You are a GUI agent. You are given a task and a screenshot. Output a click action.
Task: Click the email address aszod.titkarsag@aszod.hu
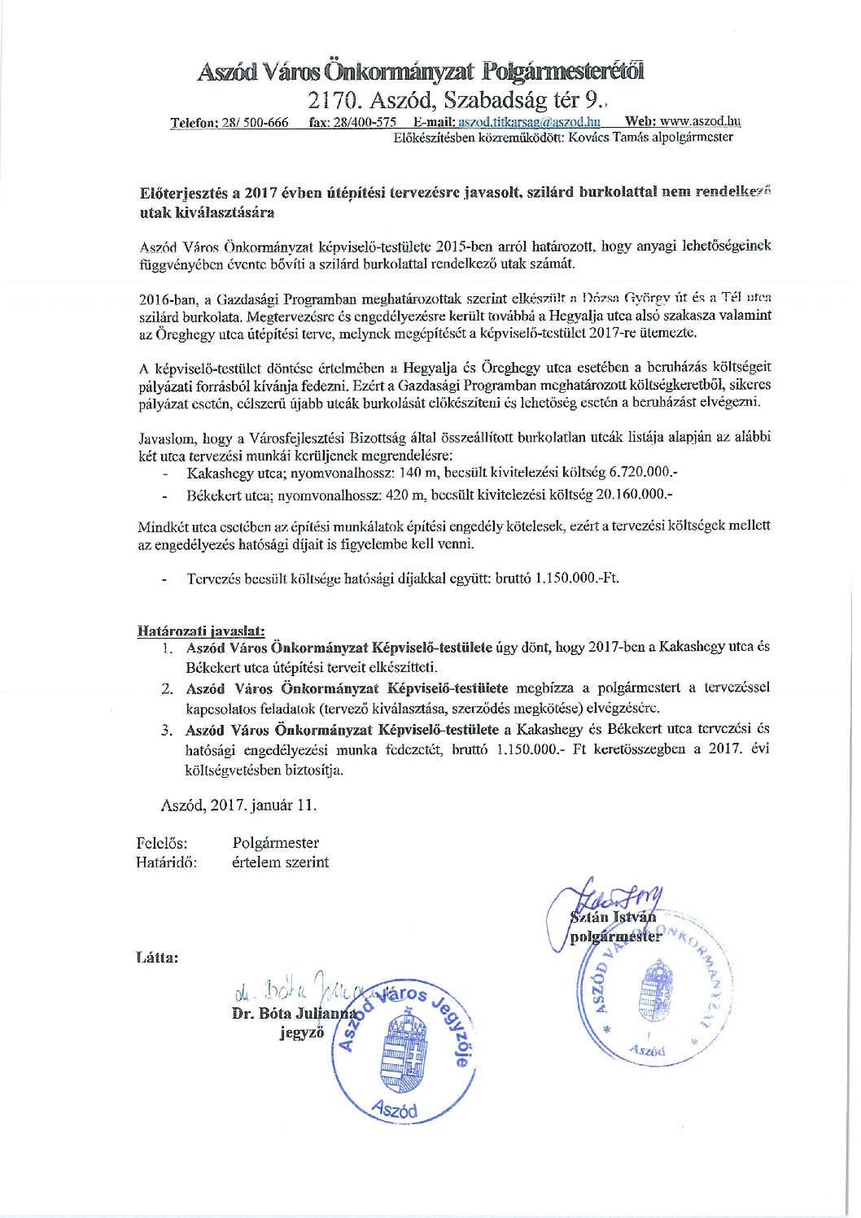[x=529, y=122]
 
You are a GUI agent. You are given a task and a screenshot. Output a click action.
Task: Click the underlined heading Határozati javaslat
[x=200, y=631]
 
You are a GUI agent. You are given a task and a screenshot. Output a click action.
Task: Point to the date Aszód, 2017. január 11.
[x=238, y=805]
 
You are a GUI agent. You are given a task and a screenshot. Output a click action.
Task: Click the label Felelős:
[x=162, y=843]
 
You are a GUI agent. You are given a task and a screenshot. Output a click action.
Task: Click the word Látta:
[x=158, y=957]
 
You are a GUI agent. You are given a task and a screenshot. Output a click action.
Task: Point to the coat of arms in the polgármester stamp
[x=658, y=988]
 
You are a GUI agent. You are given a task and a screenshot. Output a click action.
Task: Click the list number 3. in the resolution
[x=168, y=729]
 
